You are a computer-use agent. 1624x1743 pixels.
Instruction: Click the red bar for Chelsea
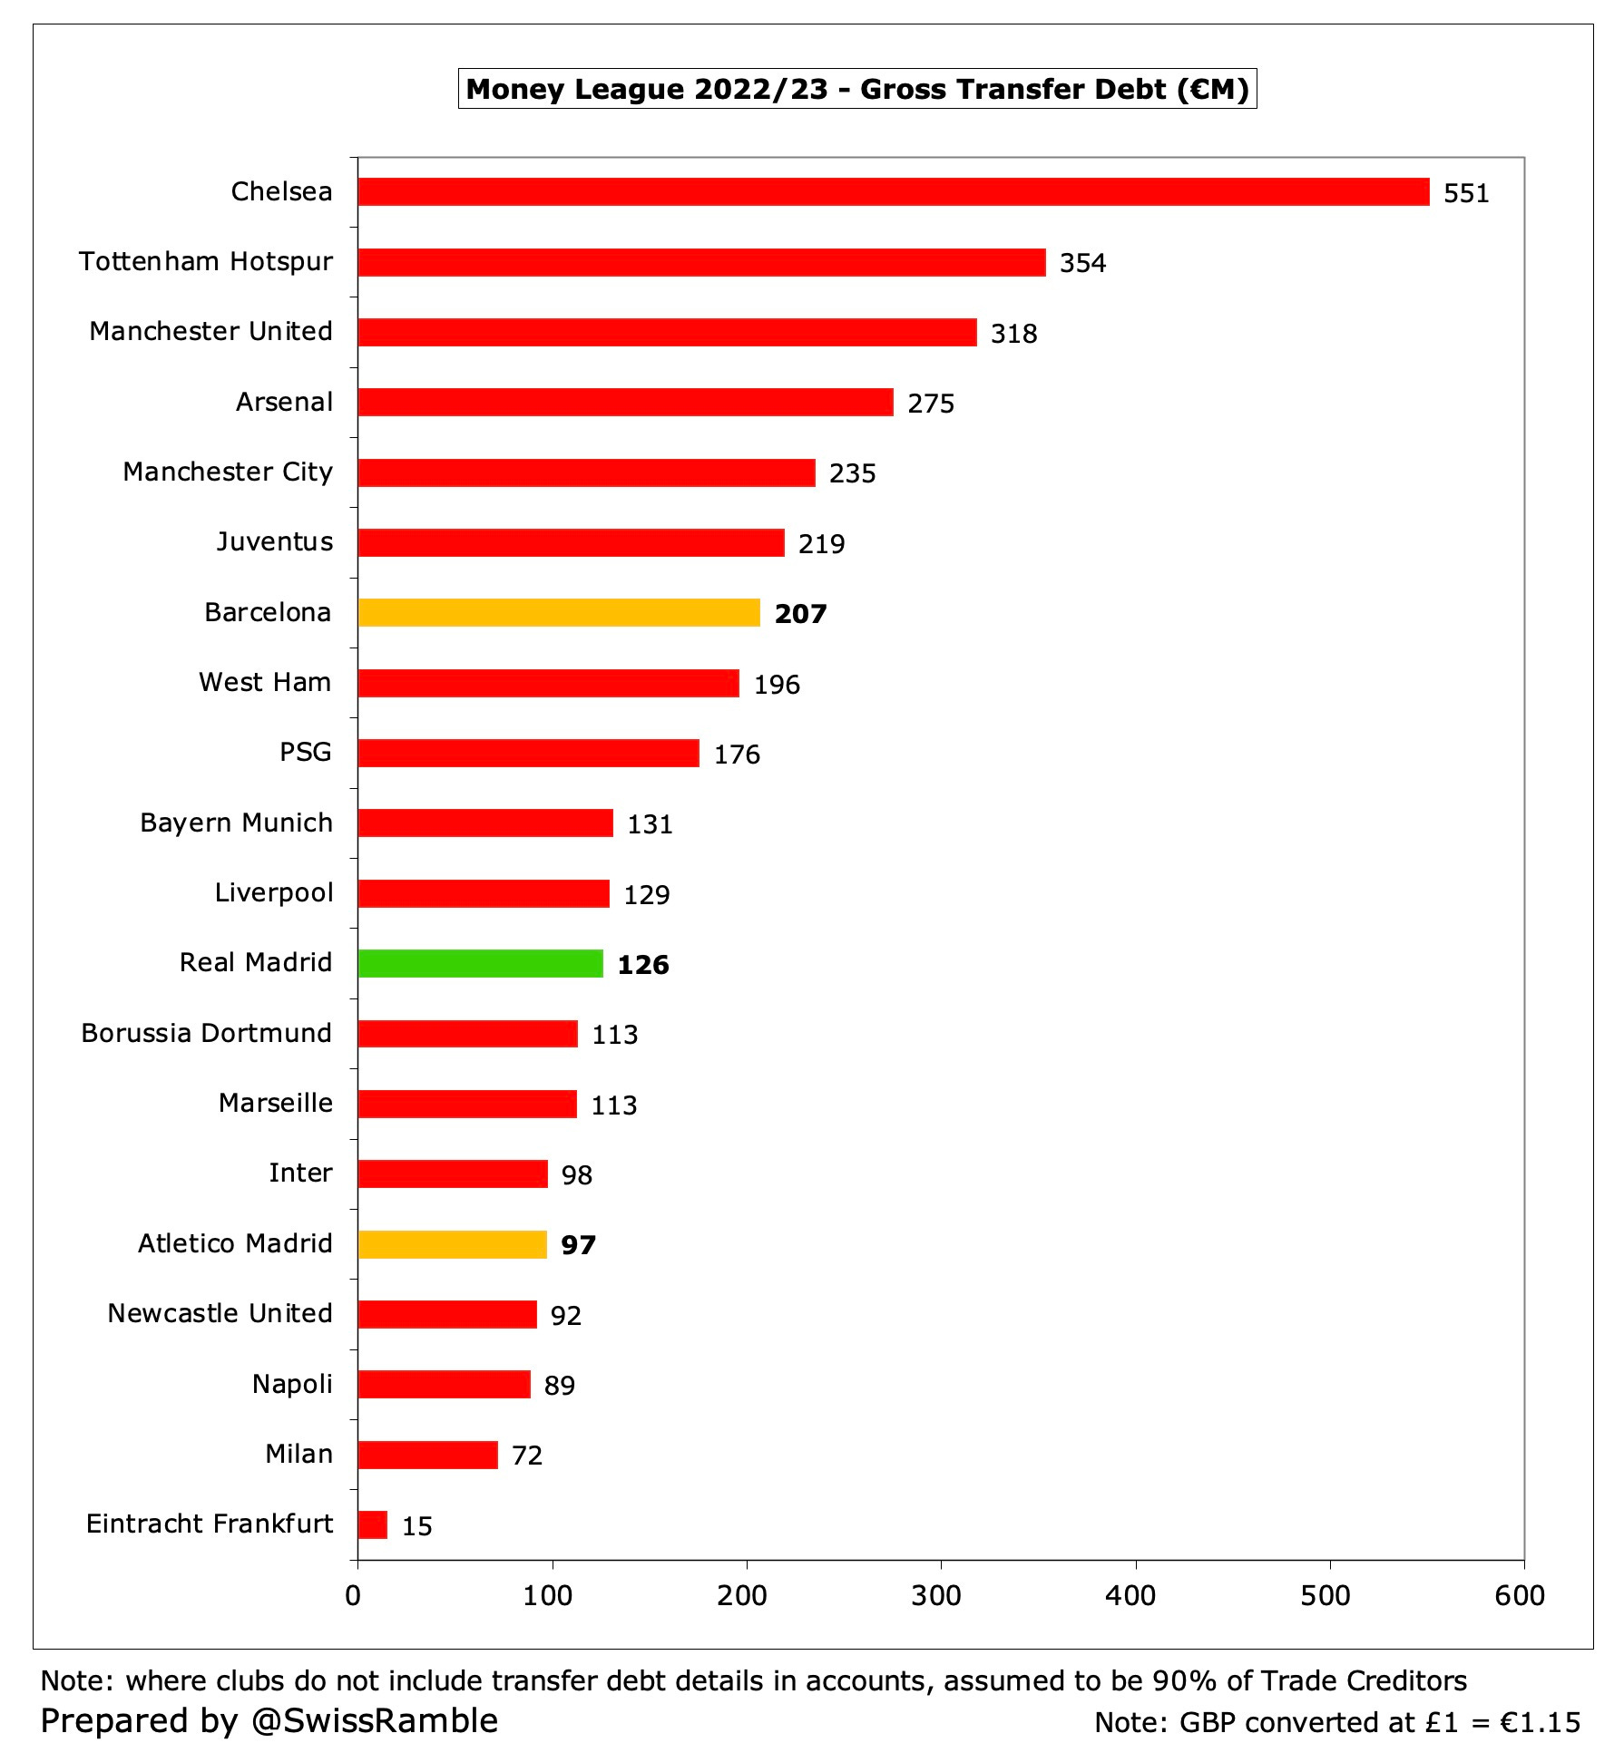coord(894,191)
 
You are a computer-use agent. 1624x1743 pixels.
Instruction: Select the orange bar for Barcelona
coord(559,612)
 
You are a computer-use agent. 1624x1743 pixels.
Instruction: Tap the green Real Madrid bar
coord(481,963)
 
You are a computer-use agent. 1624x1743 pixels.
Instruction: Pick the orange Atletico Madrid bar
coord(453,1244)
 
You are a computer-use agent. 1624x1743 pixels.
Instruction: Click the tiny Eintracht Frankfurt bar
coord(373,1524)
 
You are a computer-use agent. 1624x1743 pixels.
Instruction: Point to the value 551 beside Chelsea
coord(1466,193)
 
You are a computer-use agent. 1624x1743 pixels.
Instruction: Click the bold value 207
coord(800,614)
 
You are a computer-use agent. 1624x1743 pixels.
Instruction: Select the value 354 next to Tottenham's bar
coord(1082,263)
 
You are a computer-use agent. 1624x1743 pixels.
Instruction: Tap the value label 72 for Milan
coord(527,1456)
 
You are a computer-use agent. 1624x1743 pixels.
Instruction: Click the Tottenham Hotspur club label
coord(206,261)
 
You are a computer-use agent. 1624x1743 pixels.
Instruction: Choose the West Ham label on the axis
coord(265,682)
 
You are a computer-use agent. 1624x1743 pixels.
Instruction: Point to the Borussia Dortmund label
coord(206,1033)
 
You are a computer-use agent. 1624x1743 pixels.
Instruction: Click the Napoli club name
coord(292,1384)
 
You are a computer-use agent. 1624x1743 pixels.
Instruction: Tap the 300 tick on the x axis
coord(936,1595)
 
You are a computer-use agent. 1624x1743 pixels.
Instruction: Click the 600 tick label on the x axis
coord(1520,1595)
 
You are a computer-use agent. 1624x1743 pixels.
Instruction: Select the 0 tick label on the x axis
coord(354,1595)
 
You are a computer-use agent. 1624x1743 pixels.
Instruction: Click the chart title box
coord(856,89)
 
